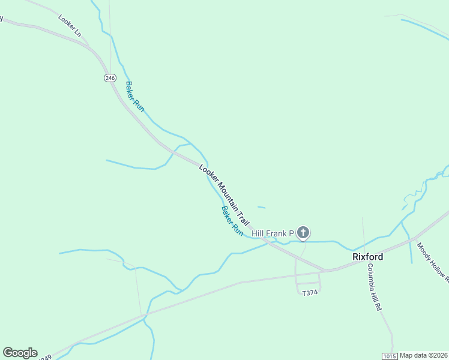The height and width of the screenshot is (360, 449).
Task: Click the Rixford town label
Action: (x=367, y=257)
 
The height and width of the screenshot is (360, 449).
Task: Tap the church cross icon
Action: (x=304, y=233)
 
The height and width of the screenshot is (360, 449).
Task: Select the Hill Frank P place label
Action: (x=273, y=233)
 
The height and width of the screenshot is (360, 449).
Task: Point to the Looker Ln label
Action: (x=70, y=26)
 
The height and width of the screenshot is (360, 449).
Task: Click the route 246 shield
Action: (x=109, y=78)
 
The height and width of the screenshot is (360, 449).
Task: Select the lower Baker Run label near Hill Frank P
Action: (x=232, y=221)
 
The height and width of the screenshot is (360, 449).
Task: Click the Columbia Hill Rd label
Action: (x=375, y=287)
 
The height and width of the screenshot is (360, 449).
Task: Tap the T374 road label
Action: (x=309, y=293)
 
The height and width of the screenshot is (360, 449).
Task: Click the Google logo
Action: (x=20, y=353)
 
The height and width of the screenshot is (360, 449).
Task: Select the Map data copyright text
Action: (x=424, y=355)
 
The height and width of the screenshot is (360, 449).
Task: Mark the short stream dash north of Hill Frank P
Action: (x=261, y=208)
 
